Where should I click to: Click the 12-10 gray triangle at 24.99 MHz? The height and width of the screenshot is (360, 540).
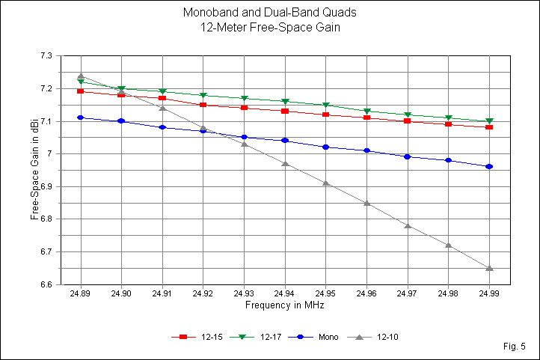coord(489,268)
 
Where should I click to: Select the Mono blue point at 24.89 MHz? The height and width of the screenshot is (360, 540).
coord(80,118)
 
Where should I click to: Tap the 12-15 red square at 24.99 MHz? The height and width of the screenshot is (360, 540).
coord(489,127)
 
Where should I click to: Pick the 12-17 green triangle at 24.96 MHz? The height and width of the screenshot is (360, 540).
coord(366,112)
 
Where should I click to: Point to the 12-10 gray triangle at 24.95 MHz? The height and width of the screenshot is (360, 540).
coord(325,183)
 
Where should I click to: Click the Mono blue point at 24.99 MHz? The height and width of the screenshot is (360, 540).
coord(489,166)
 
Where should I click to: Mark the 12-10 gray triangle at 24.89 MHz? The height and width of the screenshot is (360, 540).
coord(80,76)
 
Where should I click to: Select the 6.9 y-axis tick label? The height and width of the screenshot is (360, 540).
coord(46,186)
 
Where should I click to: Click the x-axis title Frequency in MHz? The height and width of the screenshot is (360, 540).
coord(284,306)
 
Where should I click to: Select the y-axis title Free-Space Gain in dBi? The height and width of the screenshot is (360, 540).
coord(34,170)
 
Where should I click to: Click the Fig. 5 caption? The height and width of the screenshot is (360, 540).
coord(515,347)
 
